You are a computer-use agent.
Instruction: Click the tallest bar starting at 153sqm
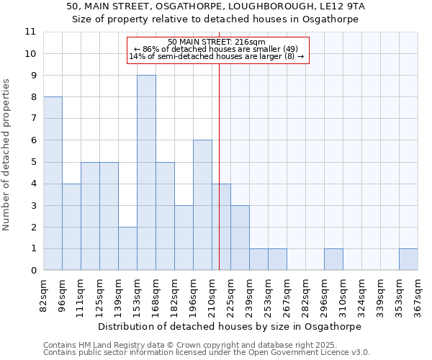pyautogui.click(x=146, y=173)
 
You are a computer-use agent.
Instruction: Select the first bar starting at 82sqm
pyautogui.click(x=53, y=184)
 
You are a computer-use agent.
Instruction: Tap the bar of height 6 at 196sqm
pyautogui.click(x=202, y=205)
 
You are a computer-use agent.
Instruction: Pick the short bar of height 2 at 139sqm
pyautogui.click(x=127, y=248)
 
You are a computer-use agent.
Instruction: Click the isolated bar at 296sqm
pyautogui.click(x=333, y=260)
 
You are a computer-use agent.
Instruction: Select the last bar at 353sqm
pyautogui.click(x=408, y=260)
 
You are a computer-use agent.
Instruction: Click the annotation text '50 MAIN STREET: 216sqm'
pyautogui.click(x=217, y=42)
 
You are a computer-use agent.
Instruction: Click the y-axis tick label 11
pyautogui.click(x=30, y=32)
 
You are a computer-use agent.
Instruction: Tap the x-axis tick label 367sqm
pyautogui.click(x=418, y=294)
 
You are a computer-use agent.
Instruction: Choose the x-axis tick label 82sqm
pyautogui.click(x=43, y=294)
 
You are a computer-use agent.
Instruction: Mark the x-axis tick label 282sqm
pyautogui.click(x=305, y=294)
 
